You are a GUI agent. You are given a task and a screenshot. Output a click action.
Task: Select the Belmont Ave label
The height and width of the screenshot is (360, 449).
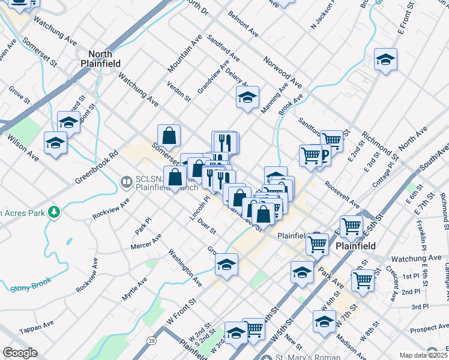pyautogui.click(x=243, y=25)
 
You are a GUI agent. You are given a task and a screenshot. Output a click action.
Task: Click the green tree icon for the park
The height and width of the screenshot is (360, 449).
pyautogui.click(x=55, y=212)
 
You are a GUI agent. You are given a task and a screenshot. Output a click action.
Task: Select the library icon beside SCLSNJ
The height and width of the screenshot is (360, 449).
pyautogui.click(x=127, y=181)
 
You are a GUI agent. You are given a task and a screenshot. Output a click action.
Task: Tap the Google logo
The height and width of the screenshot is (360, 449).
pyautogui.click(x=20, y=353)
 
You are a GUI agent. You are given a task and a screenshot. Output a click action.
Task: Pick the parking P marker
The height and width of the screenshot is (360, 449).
pyautogui.click(x=324, y=156)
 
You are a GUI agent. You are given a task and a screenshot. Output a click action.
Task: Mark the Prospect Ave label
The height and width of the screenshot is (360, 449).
pyautogui.click(x=430, y=329)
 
